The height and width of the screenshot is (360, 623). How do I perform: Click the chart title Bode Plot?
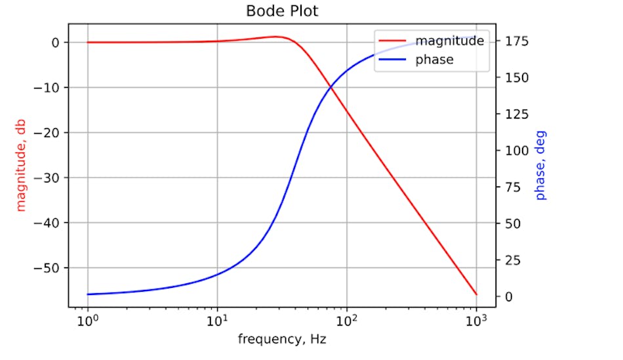pyautogui.click(x=282, y=11)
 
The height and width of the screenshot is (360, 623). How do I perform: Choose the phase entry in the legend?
pyautogui.click(x=434, y=60)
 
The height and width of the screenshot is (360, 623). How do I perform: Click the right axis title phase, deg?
pyautogui.click(x=540, y=165)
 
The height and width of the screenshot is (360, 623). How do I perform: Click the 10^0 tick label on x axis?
pyautogui.click(x=87, y=321)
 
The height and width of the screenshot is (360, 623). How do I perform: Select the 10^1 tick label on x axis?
pyautogui.click(x=217, y=321)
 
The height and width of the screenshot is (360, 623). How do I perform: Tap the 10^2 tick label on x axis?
pyautogui.click(x=347, y=321)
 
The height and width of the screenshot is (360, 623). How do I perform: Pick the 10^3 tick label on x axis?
pyautogui.click(x=477, y=321)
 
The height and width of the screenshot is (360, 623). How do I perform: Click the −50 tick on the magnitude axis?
pyautogui.click(x=50, y=268)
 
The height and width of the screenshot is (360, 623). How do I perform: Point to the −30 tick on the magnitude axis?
pyautogui.click(x=50, y=178)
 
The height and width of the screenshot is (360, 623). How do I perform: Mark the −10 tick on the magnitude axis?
pyautogui.click(x=50, y=88)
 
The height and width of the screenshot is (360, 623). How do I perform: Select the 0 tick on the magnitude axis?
pyautogui.click(x=56, y=43)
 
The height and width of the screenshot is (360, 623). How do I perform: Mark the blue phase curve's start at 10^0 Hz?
pyautogui.click(x=87, y=294)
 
